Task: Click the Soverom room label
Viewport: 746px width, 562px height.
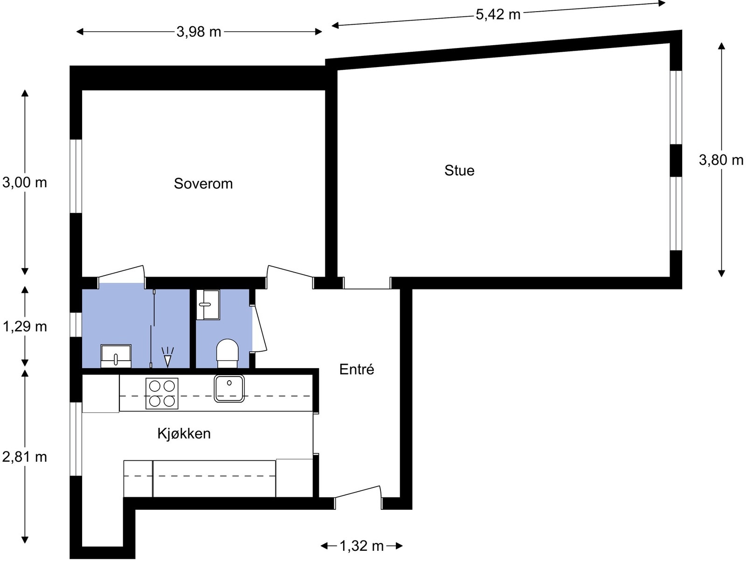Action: tap(203, 184)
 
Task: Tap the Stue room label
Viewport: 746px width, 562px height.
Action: tap(459, 171)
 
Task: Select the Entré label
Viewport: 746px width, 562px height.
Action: tap(357, 370)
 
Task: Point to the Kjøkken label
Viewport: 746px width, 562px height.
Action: tap(184, 434)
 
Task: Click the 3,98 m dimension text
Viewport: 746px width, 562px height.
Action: tap(199, 32)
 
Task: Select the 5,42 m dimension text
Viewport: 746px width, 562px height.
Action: tap(498, 14)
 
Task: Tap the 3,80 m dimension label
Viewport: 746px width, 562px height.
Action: tap(721, 160)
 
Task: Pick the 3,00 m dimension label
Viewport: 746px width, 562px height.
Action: tap(25, 182)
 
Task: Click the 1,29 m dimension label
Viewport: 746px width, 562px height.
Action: tap(25, 327)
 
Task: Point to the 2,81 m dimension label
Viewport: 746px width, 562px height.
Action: tap(25, 457)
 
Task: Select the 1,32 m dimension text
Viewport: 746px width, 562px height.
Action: tap(361, 546)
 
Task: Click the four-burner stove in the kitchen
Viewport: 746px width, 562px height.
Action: tap(162, 393)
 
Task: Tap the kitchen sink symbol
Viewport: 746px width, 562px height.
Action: tap(229, 388)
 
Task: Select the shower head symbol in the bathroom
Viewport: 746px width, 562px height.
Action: tap(167, 357)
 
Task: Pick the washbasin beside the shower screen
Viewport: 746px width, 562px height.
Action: tap(116, 356)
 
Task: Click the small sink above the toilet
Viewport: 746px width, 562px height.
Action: tap(208, 305)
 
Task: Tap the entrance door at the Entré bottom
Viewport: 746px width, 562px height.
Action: tap(358, 495)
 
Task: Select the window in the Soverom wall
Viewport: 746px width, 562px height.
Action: tap(76, 176)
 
